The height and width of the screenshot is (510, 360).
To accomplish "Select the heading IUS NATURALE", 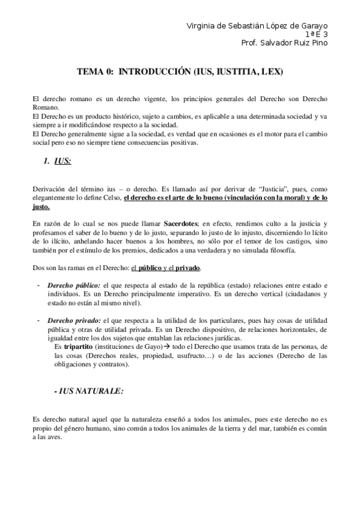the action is click(90, 391).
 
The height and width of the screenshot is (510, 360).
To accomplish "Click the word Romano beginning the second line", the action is click(44, 108).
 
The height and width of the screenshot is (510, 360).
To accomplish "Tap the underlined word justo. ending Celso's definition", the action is click(41, 206).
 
